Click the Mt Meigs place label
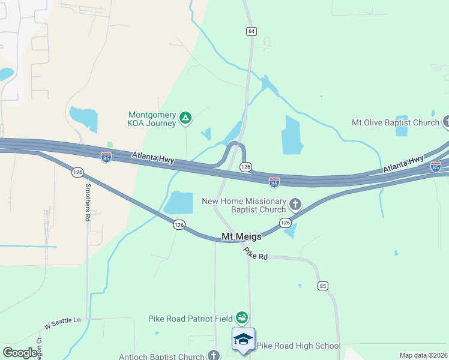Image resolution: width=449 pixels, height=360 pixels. [242, 237]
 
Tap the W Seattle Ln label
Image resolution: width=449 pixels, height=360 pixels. [62, 323]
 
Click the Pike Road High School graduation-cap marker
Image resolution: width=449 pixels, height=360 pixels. [243, 339]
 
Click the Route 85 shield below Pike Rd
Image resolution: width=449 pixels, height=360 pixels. [323, 286]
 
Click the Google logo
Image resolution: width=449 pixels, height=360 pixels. [20, 353]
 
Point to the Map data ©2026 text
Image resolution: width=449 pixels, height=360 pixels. [423, 355]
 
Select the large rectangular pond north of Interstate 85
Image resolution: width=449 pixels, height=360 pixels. [292, 134]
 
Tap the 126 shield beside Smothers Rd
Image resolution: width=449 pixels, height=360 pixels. [77, 172]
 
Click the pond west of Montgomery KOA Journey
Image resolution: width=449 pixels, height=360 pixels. [83, 118]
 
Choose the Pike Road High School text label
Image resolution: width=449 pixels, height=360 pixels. [298, 346]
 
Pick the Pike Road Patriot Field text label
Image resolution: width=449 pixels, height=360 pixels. [191, 318]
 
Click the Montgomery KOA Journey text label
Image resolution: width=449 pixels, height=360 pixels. [152, 119]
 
